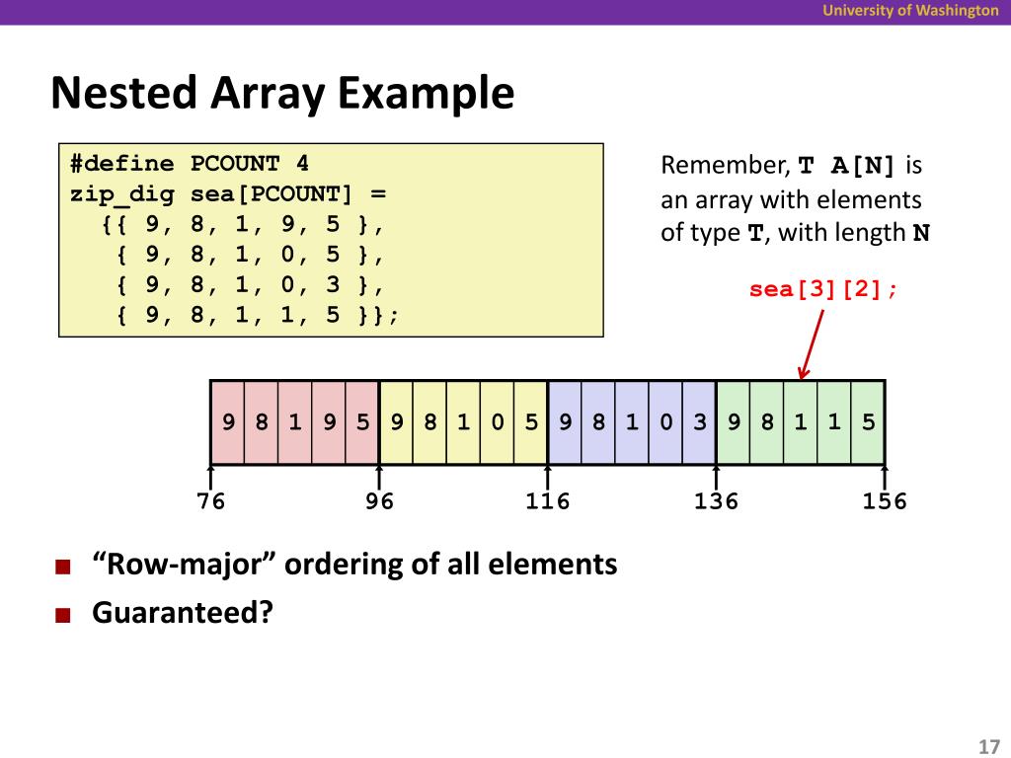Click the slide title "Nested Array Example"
click(x=282, y=95)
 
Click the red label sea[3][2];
click(x=824, y=290)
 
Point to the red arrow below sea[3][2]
click(x=813, y=341)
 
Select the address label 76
click(x=210, y=501)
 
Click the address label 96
click(x=379, y=501)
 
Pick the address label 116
click(x=548, y=501)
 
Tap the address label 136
click(x=716, y=501)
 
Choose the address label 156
click(x=885, y=501)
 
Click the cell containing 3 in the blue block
click(x=699, y=422)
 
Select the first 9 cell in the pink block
click(x=228, y=422)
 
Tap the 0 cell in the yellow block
click(x=498, y=422)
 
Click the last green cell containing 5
click(x=868, y=422)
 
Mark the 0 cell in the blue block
click(x=666, y=422)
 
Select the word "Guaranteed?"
click(x=182, y=613)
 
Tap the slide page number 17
click(x=988, y=745)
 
